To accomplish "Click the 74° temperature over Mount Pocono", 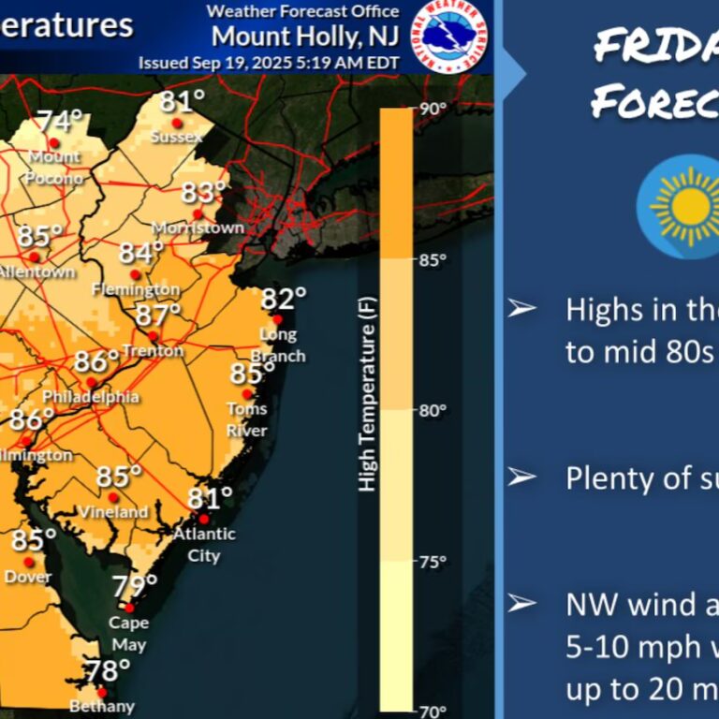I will [x=60, y=123].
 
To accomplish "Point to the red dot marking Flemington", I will [x=135, y=274].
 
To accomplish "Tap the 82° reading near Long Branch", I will [x=283, y=300].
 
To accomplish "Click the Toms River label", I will [x=247, y=419].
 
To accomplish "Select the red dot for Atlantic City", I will [x=203, y=519].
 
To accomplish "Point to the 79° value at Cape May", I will [x=135, y=587].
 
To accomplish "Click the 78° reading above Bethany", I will [x=107, y=671].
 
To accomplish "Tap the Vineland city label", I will [x=113, y=512].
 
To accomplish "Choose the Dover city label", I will [x=28, y=577].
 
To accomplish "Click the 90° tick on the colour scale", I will [x=433, y=109].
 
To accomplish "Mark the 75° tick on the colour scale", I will [x=432, y=562].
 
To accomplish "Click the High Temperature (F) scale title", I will [x=367, y=403].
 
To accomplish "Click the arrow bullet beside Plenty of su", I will [x=521, y=477].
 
